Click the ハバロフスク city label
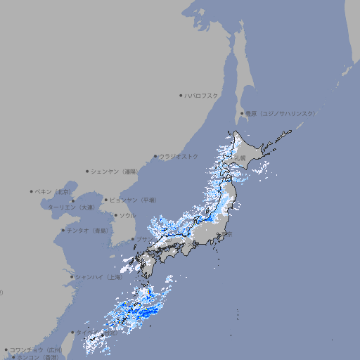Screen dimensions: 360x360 (202, 95)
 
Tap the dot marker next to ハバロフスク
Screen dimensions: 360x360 (181, 95)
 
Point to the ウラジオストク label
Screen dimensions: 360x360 (179, 156)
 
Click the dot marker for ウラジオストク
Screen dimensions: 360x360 (155, 157)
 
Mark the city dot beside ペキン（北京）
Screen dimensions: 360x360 (32, 191)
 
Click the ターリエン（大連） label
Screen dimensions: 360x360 (71, 207)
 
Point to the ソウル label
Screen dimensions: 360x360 (127, 215)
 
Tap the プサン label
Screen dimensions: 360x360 (144, 240)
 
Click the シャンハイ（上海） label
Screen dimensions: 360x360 (98, 277)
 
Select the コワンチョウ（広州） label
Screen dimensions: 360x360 (35, 349)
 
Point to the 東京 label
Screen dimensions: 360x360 (229, 234)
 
